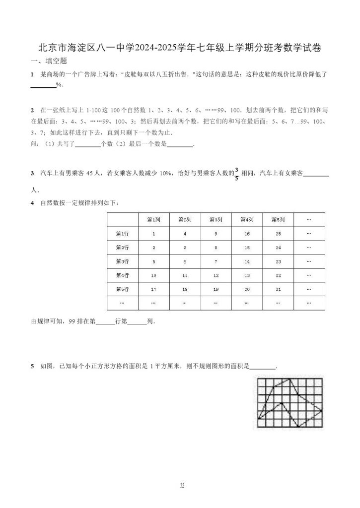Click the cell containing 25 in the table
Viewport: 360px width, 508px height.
(278, 233)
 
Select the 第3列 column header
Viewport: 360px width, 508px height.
(216, 219)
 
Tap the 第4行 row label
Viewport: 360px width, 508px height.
(122, 275)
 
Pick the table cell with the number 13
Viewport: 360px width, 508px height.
(246, 275)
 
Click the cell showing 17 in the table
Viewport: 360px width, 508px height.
(153, 289)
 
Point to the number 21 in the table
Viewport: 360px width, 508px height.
(278, 289)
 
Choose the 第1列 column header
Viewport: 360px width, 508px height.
(153, 219)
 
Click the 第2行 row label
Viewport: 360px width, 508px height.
(122, 247)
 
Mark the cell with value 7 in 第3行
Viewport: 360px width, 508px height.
(216, 261)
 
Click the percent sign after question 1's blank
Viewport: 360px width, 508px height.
(58, 85)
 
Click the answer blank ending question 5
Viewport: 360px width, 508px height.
(262, 367)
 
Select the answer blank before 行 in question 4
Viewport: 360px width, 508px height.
(104, 321)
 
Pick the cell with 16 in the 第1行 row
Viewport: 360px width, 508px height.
(246, 233)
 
